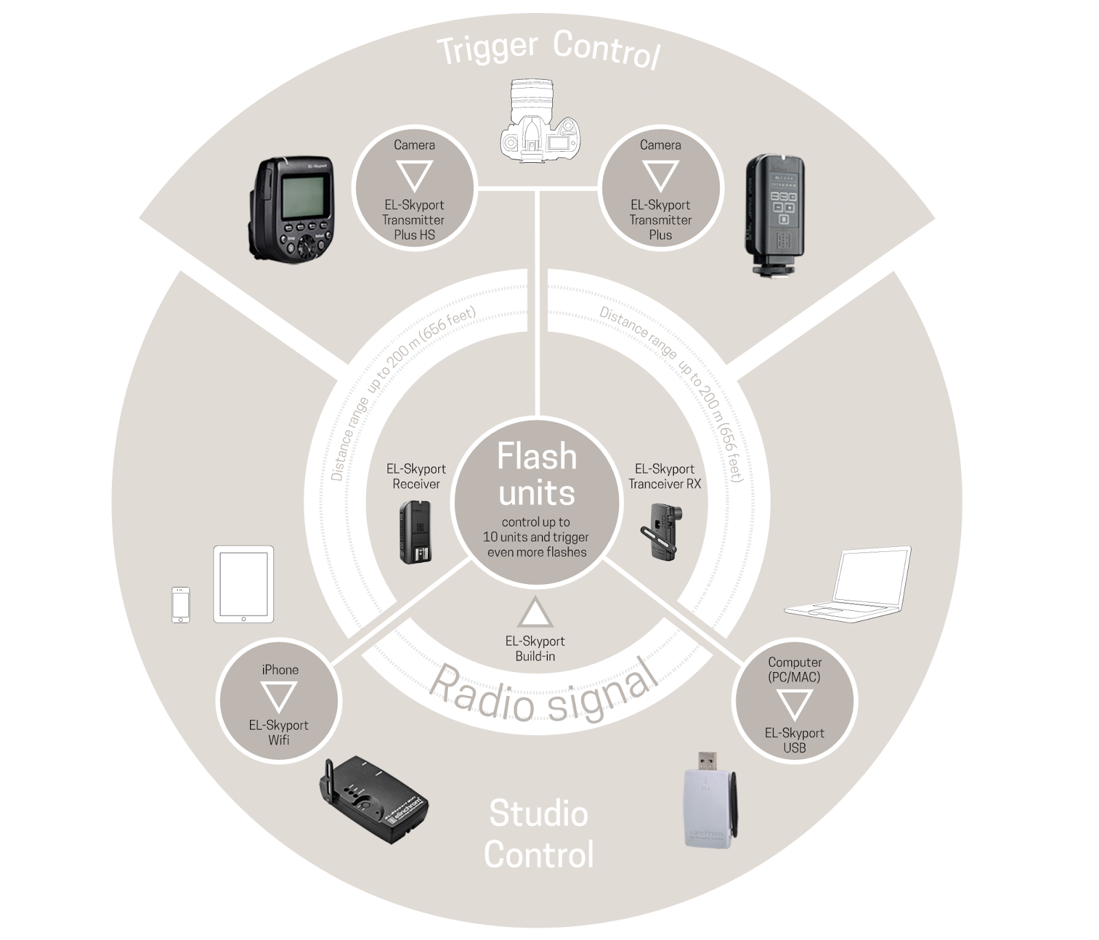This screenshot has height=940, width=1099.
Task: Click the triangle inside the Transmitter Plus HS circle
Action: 414,175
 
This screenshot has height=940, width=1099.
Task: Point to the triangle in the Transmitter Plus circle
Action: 660,175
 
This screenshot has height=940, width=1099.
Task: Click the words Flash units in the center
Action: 537,475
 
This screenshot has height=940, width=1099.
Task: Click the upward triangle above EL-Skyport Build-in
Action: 535,613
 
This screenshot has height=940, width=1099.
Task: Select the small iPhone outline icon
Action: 181,605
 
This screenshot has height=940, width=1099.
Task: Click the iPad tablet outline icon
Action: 243,584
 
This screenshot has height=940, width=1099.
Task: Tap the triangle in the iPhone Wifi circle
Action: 279,696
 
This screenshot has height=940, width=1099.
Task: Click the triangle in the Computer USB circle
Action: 794,704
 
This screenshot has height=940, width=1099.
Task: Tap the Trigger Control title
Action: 548,48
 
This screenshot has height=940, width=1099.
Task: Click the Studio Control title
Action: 539,834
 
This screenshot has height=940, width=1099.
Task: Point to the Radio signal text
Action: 543,691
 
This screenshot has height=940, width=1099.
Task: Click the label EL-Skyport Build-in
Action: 535,649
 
